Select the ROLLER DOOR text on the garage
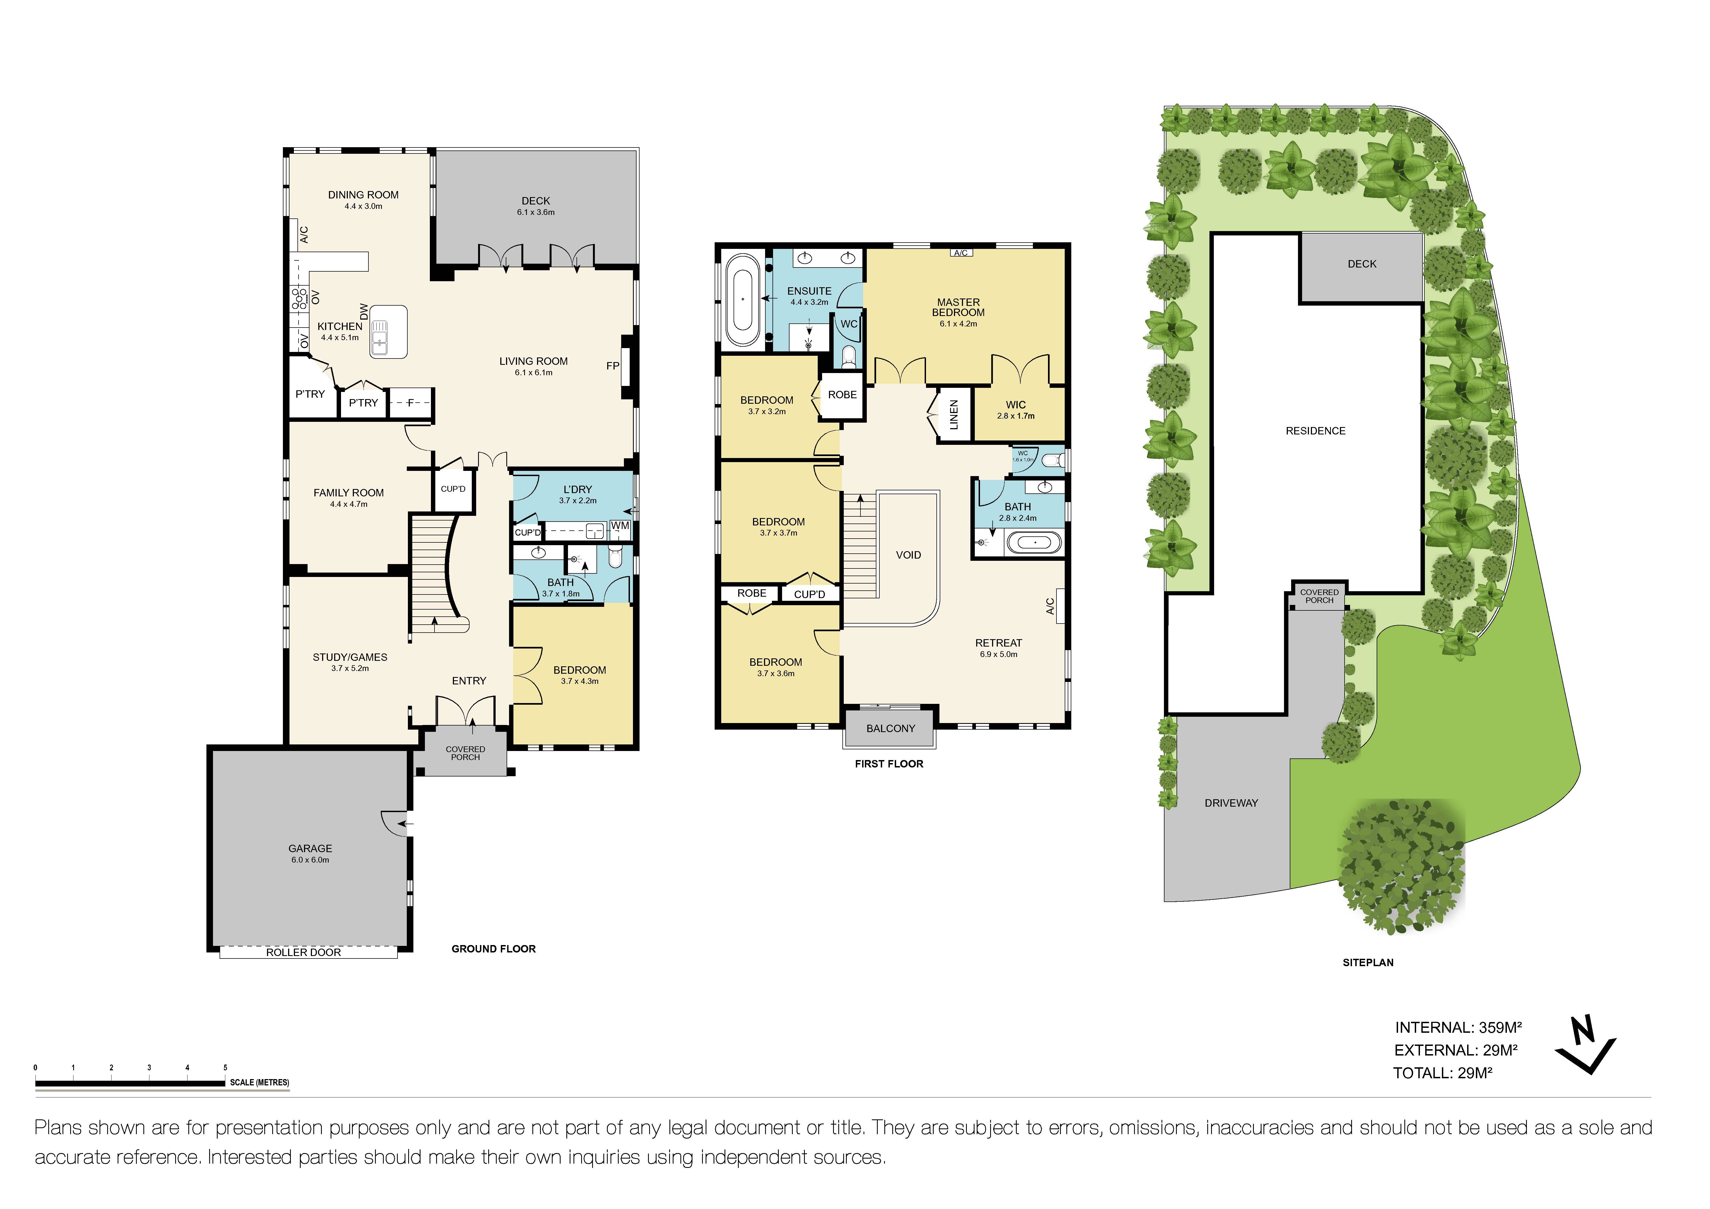(x=303, y=952)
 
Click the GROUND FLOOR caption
(x=493, y=948)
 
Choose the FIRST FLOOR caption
(x=888, y=764)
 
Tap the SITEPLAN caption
(x=1367, y=963)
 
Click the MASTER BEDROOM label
(x=958, y=308)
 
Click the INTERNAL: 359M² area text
(x=1458, y=1027)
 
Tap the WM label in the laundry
(x=620, y=526)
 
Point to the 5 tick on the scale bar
(x=225, y=1068)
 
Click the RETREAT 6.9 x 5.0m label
(x=998, y=648)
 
